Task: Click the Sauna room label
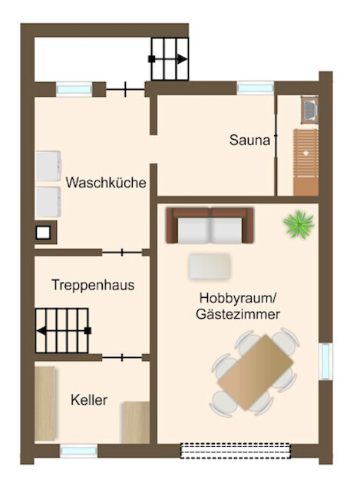tap(249, 141)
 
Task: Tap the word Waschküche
tap(105, 184)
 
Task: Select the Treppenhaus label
tap(93, 285)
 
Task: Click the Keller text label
tap(89, 400)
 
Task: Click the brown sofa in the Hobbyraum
tap(211, 226)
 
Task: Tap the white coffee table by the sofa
tap(210, 266)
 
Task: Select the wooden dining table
tap(256, 372)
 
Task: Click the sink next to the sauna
tap(309, 111)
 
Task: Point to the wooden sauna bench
tap(305, 163)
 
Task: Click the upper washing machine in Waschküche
tap(48, 165)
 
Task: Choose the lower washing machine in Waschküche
tap(48, 202)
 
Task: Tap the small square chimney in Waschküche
tap(45, 232)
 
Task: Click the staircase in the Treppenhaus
tap(63, 330)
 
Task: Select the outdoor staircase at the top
tap(170, 58)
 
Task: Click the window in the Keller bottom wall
tap(78, 452)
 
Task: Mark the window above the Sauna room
tap(255, 88)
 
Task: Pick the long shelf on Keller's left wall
tap(45, 403)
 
